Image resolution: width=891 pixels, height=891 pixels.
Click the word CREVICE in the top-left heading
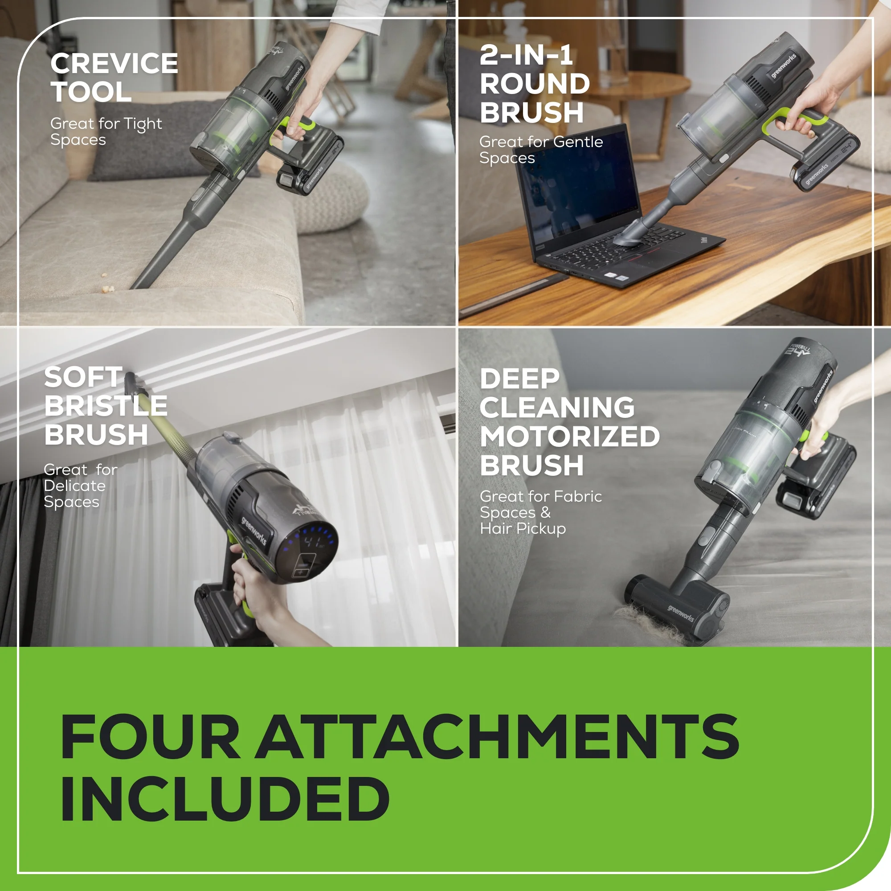114,64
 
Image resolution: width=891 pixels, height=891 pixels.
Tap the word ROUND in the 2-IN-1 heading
535,84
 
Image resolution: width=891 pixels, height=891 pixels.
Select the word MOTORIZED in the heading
569,436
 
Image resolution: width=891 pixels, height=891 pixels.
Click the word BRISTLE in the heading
106,406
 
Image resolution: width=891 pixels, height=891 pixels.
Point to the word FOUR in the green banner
150,736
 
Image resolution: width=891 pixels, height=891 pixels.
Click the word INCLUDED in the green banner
225,800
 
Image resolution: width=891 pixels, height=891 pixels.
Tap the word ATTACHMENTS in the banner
497,736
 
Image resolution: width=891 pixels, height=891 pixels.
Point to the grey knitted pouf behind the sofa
332,198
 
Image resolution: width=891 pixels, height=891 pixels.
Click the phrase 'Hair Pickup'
523,528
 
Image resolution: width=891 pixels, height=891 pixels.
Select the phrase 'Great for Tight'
106,123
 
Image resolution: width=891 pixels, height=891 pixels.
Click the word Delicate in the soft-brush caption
75,486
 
